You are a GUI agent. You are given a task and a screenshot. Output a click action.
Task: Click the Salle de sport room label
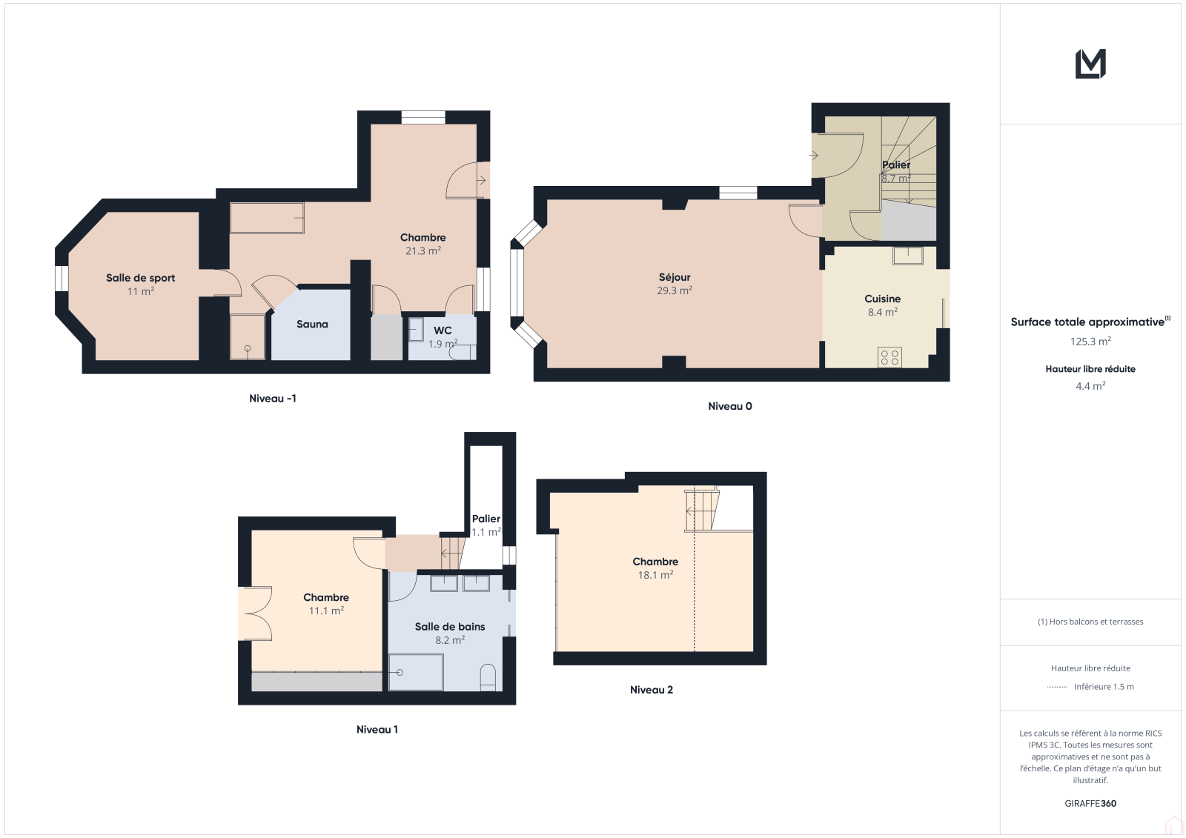pyautogui.click(x=140, y=278)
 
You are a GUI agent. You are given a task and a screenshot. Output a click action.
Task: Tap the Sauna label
pyautogui.click(x=312, y=324)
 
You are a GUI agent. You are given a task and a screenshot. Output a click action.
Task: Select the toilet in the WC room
pyautogui.click(x=463, y=352)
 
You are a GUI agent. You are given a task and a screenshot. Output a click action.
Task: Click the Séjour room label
pyautogui.click(x=675, y=277)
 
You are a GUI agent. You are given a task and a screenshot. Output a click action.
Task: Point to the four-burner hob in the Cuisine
pyautogui.click(x=889, y=357)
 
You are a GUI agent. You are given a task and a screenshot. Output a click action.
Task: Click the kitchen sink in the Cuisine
pyautogui.click(x=907, y=255)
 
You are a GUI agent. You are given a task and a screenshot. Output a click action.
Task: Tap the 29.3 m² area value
pyautogui.click(x=675, y=290)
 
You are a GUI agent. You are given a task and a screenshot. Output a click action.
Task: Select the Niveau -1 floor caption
pyautogui.click(x=273, y=399)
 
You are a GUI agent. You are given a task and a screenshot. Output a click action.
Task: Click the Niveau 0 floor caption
pyautogui.click(x=729, y=406)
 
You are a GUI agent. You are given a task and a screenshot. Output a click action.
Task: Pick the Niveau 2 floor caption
pyautogui.click(x=652, y=690)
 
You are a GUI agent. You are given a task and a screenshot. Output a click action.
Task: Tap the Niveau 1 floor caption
pyautogui.click(x=377, y=730)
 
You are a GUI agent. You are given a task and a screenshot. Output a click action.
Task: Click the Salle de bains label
pyautogui.click(x=449, y=627)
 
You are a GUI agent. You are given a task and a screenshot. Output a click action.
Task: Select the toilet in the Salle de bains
pyautogui.click(x=488, y=677)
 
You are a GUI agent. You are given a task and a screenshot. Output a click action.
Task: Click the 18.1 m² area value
pyautogui.click(x=655, y=575)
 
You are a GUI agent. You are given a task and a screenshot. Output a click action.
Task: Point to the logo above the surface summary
pyautogui.click(x=1090, y=64)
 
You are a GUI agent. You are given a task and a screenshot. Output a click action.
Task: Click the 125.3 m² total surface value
pyautogui.click(x=1090, y=342)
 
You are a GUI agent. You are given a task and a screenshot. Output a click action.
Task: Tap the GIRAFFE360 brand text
pyautogui.click(x=1090, y=803)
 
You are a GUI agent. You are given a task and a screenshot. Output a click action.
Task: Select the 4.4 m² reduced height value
pyautogui.click(x=1090, y=386)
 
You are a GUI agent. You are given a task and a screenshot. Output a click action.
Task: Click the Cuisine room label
pyautogui.click(x=883, y=299)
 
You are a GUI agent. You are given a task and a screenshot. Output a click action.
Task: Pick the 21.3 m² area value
pyautogui.click(x=423, y=251)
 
